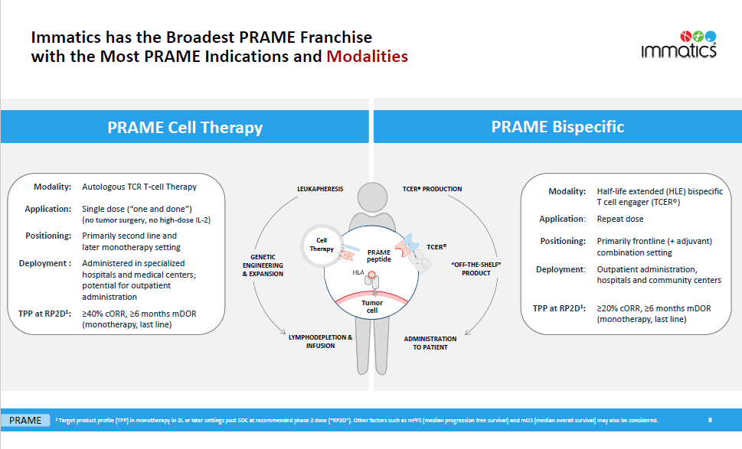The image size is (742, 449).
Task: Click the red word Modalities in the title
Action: (x=367, y=57)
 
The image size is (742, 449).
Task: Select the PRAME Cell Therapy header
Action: (x=185, y=128)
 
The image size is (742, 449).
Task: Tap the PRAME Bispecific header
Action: (x=557, y=127)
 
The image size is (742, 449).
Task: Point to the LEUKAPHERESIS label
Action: (x=320, y=189)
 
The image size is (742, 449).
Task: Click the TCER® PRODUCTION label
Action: (x=432, y=189)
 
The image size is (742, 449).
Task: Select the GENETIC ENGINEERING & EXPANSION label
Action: (x=267, y=265)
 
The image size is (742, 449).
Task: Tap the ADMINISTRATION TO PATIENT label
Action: (x=430, y=343)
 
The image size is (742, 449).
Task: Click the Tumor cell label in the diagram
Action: (x=372, y=306)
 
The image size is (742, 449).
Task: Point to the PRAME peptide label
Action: (x=379, y=256)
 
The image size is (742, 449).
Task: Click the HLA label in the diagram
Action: (x=358, y=272)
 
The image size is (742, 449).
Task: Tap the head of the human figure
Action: (x=371, y=200)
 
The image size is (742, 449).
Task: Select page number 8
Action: (x=710, y=420)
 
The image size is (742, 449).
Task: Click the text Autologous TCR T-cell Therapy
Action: (x=139, y=187)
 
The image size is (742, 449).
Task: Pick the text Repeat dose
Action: (x=620, y=219)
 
